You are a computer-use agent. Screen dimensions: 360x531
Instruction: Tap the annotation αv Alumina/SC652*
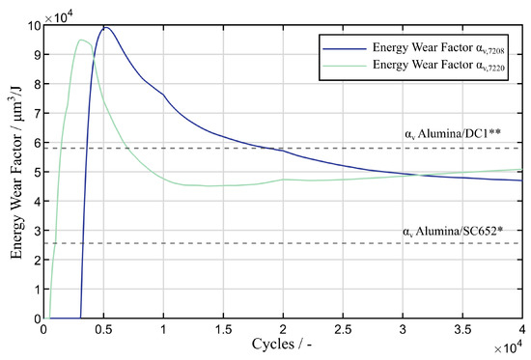click(x=451, y=232)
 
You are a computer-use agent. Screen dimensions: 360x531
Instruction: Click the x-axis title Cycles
click(x=282, y=345)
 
